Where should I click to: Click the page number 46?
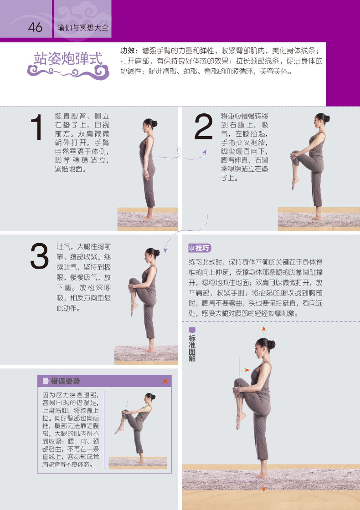(35, 27)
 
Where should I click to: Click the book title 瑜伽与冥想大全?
(83, 28)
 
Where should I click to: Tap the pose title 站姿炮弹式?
(68, 58)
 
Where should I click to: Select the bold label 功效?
(129, 51)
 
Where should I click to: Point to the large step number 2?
(203, 127)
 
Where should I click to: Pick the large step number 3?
(39, 256)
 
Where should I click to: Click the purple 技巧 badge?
(200, 248)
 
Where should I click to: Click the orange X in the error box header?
(165, 381)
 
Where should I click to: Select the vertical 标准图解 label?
(192, 346)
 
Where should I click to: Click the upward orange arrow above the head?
(263, 328)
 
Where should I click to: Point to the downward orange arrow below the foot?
(263, 489)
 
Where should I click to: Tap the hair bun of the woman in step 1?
(155, 123)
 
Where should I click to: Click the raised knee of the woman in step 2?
(294, 156)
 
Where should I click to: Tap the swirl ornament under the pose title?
(68, 71)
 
